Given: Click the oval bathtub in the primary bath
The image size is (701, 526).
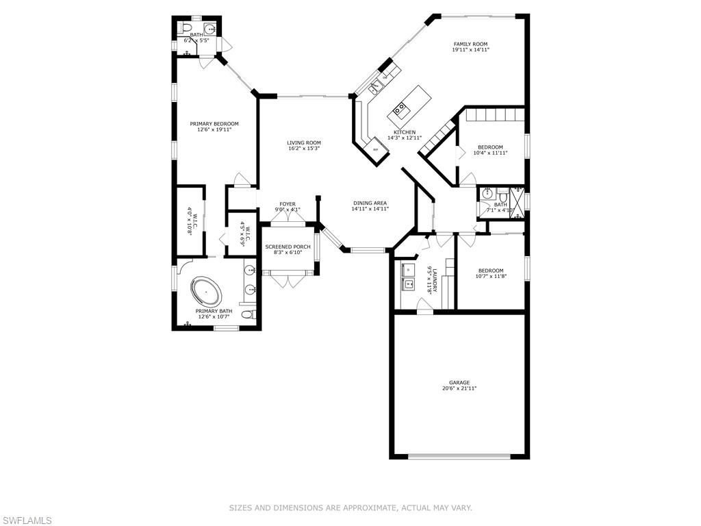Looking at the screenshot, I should tap(207, 294).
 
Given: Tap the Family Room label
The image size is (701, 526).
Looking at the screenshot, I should tap(470, 44).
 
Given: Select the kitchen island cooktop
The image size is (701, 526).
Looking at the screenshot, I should tap(400, 108).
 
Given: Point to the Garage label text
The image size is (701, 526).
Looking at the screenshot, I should tap(459, 383).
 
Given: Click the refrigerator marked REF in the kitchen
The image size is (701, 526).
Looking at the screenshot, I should tap(375, 149).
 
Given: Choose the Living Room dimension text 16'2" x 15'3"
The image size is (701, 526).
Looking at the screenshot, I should tap(304, 148).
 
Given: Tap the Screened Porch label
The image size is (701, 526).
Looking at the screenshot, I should tap(288, 247).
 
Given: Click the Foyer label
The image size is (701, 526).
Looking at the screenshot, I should tap(288, 204).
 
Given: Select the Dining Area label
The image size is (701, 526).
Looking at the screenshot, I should tap(370, 203).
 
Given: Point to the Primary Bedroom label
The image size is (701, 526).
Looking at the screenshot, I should tap(214, 124).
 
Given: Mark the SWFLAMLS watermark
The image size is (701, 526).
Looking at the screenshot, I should tap(26, 521).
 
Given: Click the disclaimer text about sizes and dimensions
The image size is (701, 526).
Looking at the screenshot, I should tap(350, 508).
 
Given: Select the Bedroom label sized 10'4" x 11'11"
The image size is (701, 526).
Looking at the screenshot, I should tap(490, 147).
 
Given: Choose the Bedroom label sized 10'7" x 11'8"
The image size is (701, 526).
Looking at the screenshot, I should tap(490, 271).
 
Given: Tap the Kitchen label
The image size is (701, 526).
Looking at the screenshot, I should tap(405, 132).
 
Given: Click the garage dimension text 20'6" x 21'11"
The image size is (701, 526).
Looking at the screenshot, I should tap(459, 388).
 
